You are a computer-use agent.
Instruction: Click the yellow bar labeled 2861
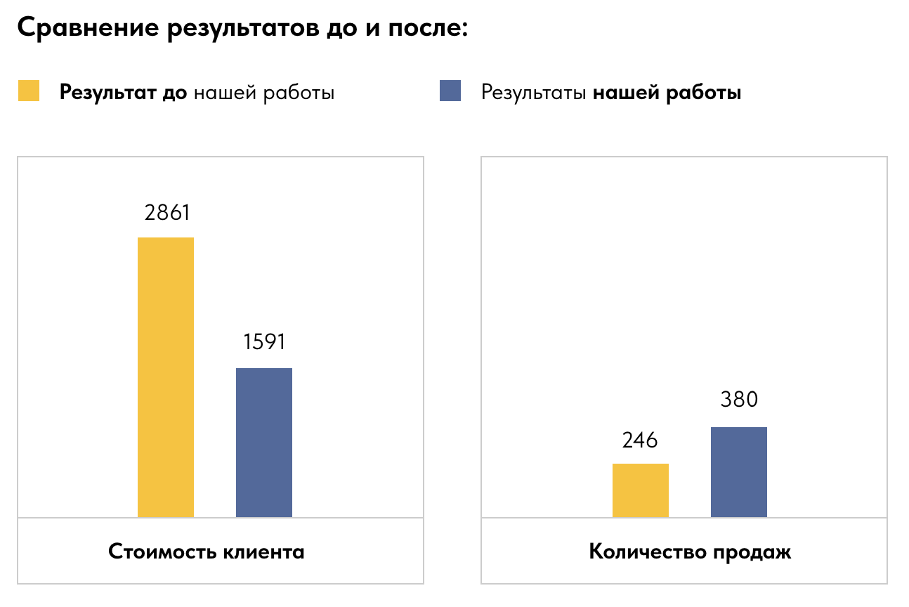tap(166, 377)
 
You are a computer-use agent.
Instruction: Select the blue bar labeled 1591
tap(264, 443)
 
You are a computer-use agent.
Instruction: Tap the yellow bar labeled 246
tap(641, 490)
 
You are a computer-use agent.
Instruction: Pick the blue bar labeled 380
tap(739, 472)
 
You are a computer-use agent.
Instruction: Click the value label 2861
tap(167, 212)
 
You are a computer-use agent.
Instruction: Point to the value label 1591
tap(265, 342)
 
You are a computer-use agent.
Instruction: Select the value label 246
tap(640, 440)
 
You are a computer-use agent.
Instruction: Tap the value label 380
tap(739, 400)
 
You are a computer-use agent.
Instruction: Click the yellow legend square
tap(29, 92)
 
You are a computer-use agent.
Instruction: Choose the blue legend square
tap(450, 92)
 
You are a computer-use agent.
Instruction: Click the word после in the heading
tap(426, 30)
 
